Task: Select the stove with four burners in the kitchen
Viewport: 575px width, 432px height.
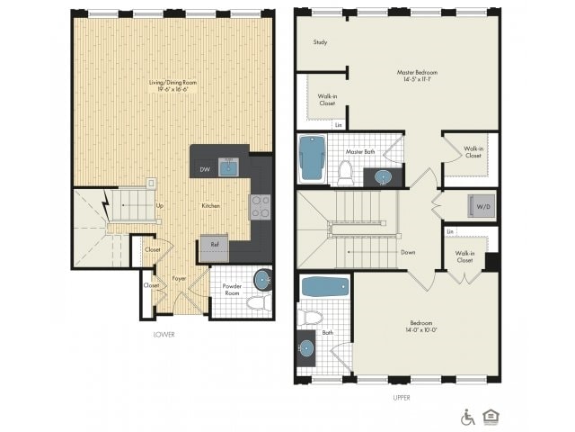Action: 260,208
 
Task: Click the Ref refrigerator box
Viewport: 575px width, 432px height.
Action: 214,245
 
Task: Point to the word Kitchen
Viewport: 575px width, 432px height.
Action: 211,206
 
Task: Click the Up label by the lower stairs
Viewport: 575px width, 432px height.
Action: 160,206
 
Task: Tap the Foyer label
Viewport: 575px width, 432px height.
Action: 180,279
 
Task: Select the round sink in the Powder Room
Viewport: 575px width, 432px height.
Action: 262,278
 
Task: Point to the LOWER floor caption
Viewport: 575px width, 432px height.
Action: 164,335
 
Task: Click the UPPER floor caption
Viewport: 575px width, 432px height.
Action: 402,396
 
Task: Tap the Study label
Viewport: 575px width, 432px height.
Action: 320,42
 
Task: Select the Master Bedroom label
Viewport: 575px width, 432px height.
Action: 417,76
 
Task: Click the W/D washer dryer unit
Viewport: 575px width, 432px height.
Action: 480,207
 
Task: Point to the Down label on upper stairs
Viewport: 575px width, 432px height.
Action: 408,253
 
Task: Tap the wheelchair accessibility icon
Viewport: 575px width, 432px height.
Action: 467,417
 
